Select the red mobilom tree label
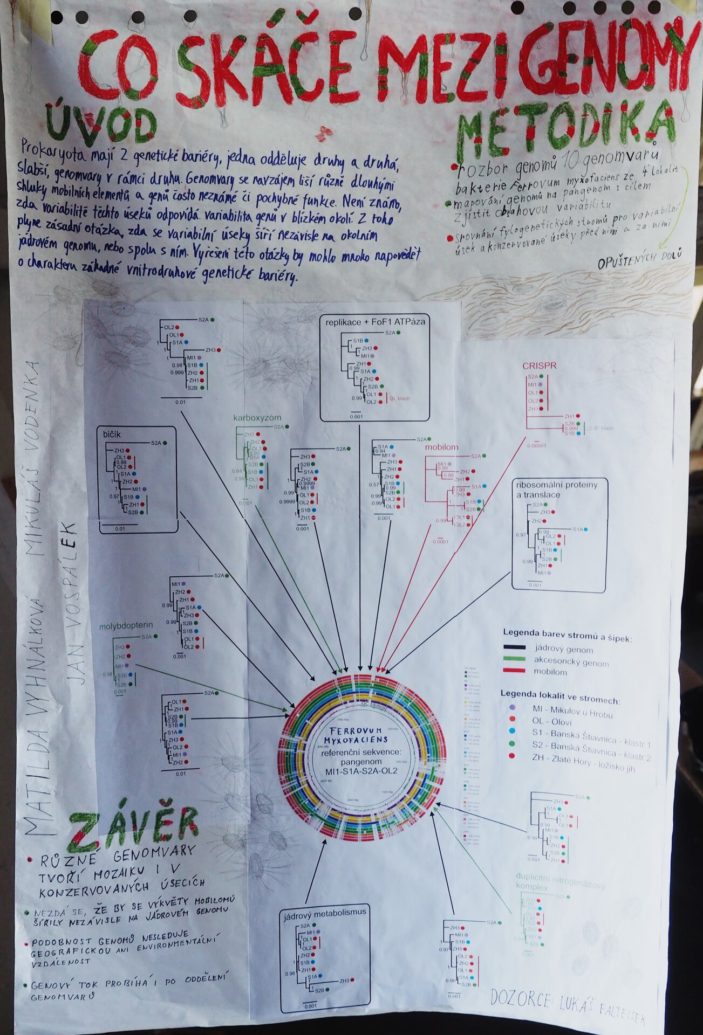click(x=441, y=447)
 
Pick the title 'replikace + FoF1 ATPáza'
click(x=375, y=322)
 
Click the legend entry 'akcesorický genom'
click(x=571, y=663)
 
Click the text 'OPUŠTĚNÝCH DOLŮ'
click(x=640, y=258)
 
